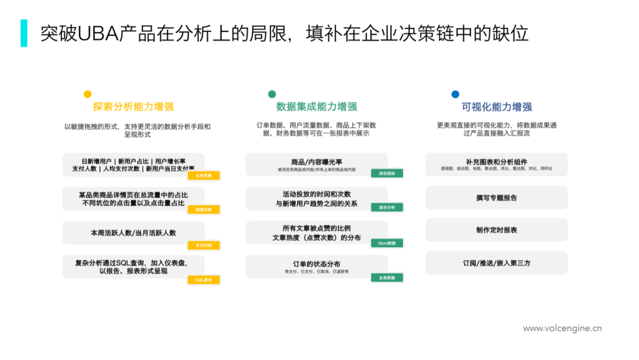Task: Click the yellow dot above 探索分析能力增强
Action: click(x=88, y=94)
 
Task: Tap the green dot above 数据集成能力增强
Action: click(x=272, y=94)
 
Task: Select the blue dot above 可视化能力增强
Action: click(x=455, y=94)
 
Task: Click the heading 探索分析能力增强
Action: click(x=133, y=107)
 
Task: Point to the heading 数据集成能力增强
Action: click(x=317, y=107)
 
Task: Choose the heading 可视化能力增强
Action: click(x=496, y=107)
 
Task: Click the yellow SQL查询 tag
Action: click(x=204, y=279)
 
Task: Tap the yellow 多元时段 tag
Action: click(x=204, y=245)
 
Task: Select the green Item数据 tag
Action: click(x=387, y=243)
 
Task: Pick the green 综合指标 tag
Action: click(x=387, y=173)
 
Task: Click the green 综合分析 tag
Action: click(x=387, y=207)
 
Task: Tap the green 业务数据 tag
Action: click(x=387, y=277)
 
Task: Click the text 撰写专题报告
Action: click(x=496, y=198)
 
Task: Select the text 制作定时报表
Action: click(x=496, y=230)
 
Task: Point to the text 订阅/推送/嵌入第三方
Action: click(x=496, y=263)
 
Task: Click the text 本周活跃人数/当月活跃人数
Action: click(x=133, y=233)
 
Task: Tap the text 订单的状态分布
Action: click(x=317, y=264)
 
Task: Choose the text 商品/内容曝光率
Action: click(x=317, y=162)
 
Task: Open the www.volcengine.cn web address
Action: click(x=562, y=328)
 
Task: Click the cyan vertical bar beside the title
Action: click(x=24, y=33)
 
